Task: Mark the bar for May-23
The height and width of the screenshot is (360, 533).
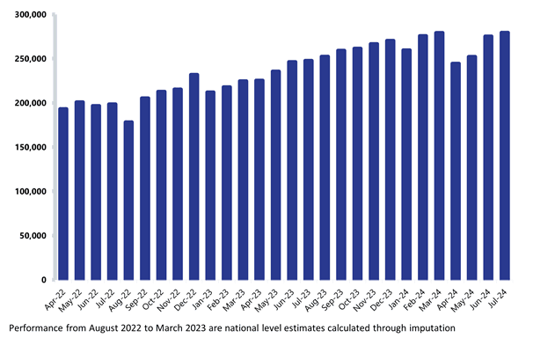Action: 275,175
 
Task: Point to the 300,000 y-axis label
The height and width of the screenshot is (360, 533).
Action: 30,15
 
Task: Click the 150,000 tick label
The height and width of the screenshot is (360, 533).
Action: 30,147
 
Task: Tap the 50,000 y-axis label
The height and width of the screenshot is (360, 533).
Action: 33,235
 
